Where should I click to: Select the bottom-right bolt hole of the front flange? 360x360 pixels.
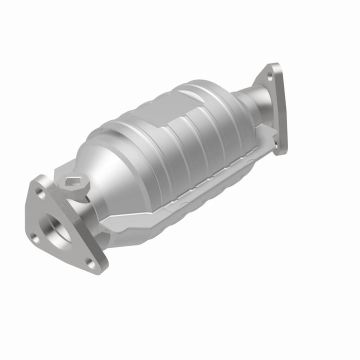(90, 261)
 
